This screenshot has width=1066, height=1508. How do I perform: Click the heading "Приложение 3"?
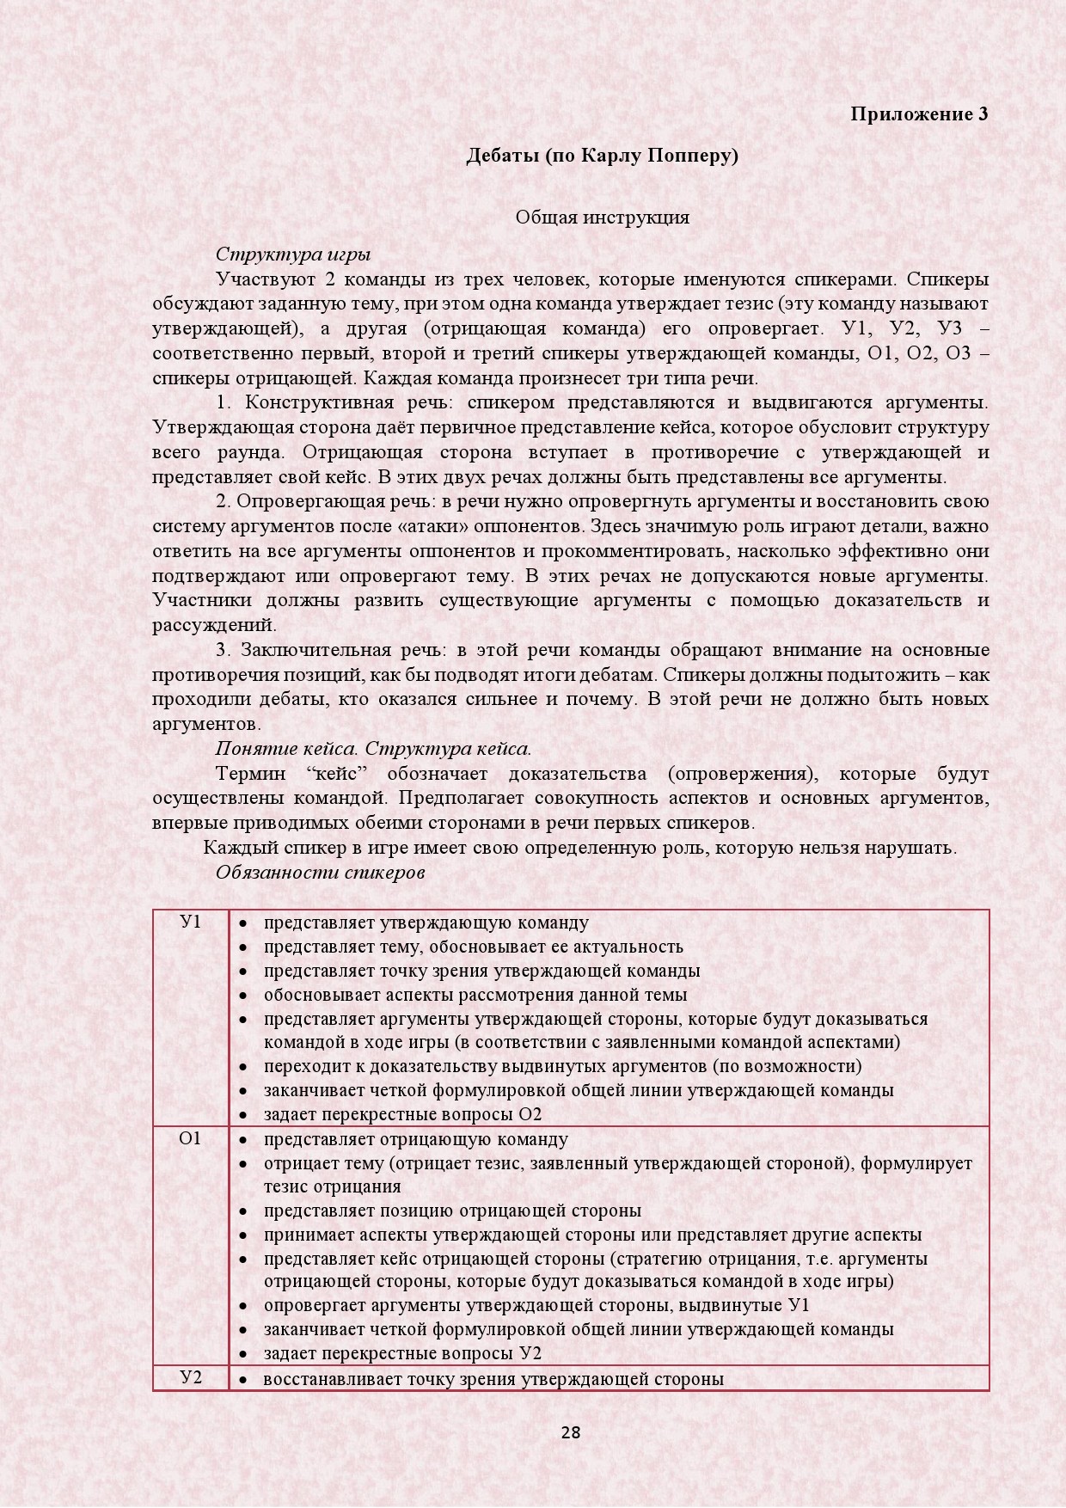pos(919,113)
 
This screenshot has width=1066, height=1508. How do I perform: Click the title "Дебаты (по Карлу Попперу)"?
pos(602,156)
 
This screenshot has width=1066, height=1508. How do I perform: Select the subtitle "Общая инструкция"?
pos(602,217)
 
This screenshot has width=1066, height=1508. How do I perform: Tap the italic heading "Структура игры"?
pos(293,254)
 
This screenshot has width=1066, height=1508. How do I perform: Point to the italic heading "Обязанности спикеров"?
pos(321,873)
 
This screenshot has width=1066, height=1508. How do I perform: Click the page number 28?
pos(571,1432)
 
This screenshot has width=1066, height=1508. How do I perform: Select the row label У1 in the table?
pos(190,922)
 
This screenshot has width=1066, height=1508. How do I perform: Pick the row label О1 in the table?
pos(190,1138)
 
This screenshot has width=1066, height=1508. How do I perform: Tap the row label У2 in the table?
pos(190,1377)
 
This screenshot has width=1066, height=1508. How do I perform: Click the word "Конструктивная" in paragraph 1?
pos(319,402)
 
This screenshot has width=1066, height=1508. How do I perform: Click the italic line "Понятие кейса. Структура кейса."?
pos(373,748)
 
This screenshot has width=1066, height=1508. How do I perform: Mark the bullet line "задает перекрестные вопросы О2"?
pos(402,1114)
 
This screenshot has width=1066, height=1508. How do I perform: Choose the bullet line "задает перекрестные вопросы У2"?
pos(402,1353)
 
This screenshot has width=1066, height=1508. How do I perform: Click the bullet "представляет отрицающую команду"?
pos(415,1139)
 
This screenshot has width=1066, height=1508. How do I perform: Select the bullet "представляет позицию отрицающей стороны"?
pos(452,1211)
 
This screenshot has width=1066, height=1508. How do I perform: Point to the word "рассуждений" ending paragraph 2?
pos(214,625)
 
